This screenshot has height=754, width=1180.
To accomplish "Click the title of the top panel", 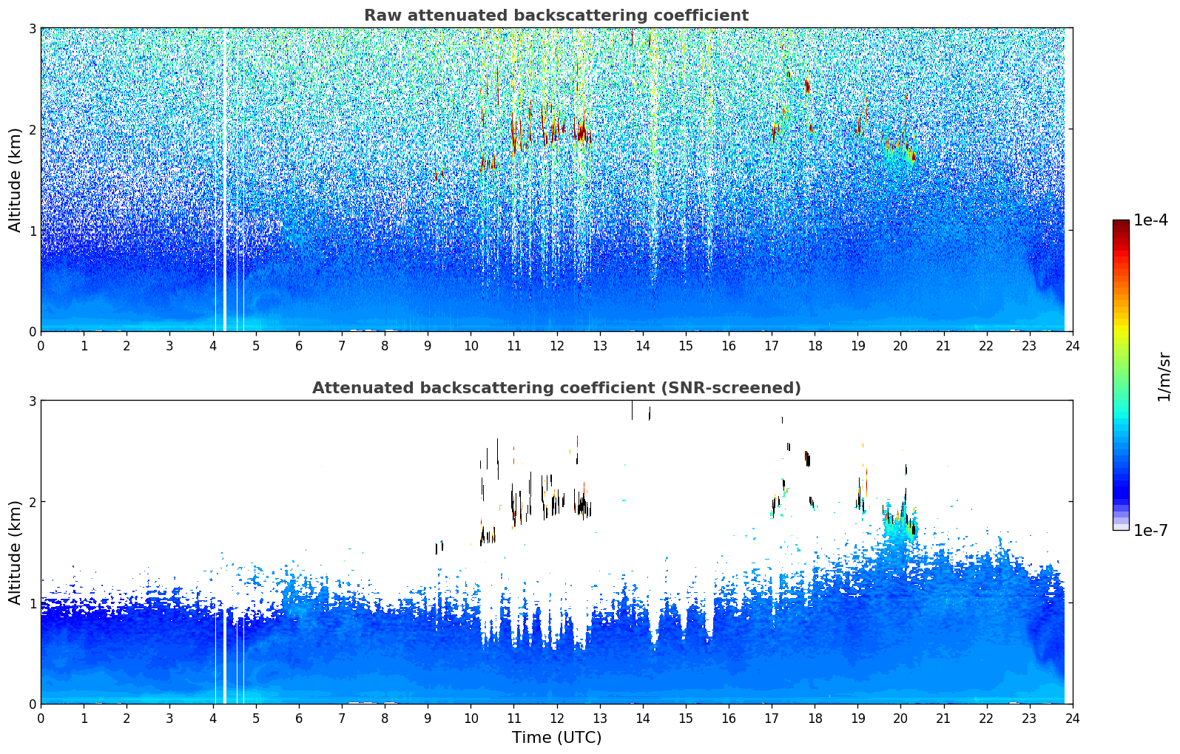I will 556,16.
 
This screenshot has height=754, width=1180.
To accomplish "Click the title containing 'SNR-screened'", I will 556,388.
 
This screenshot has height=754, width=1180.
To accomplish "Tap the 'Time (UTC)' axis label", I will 556,737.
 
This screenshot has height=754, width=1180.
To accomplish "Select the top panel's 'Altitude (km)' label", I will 15,180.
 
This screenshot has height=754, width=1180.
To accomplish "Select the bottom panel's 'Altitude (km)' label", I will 15,552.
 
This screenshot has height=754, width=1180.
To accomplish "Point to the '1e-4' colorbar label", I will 1150,220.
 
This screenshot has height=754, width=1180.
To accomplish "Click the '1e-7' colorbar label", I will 1150,530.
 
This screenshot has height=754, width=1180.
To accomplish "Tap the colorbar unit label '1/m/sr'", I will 1164,376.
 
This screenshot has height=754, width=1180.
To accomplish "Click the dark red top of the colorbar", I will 1120,224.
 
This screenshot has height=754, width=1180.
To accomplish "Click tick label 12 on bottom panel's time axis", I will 556,719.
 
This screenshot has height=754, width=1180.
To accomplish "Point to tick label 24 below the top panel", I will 1072,346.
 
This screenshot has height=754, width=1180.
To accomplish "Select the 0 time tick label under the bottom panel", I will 41,719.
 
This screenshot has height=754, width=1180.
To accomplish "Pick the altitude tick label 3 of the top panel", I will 32,28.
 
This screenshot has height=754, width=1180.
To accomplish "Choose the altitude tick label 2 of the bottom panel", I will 32,502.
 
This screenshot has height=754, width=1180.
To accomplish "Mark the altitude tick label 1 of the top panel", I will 32,231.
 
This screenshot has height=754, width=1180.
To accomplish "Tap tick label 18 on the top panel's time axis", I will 815,346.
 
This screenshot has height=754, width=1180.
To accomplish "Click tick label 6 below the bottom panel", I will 299,719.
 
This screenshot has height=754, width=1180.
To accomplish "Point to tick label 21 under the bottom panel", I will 943,719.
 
